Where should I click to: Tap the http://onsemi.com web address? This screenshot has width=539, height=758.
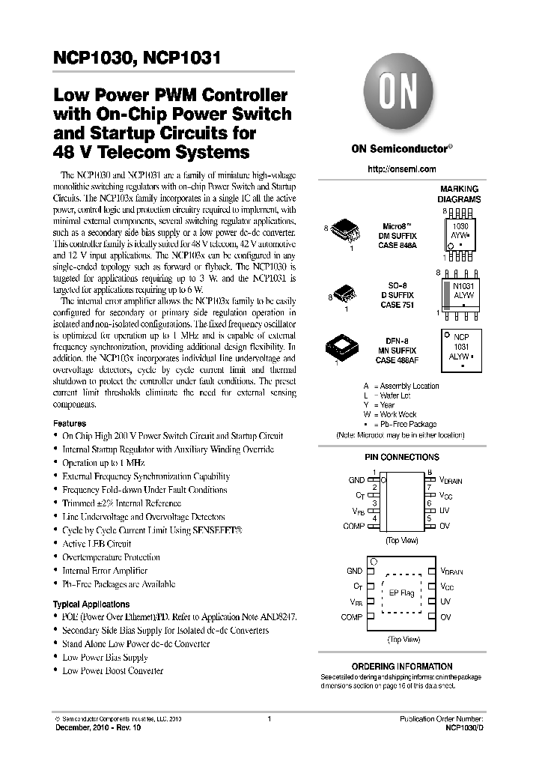tap(402, 169)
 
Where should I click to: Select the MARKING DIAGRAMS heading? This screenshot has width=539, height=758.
tap(459, 194)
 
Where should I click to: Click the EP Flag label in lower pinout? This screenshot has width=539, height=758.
tap(402, 593)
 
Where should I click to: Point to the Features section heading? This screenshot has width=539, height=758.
tap(70, 422)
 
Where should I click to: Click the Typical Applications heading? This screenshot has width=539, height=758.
tap(91, 604)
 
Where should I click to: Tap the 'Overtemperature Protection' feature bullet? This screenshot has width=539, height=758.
tap(111, 557)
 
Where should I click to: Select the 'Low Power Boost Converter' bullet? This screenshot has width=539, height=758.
tap(112, 671)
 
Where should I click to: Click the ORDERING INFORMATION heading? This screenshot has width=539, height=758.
tap(402, 666)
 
